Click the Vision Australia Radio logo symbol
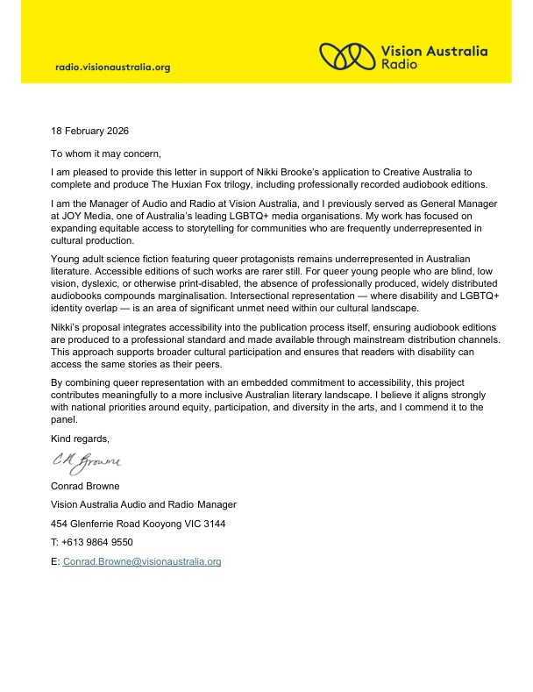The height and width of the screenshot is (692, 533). click(348, 57)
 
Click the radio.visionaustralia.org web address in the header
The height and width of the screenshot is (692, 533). click(112, 67)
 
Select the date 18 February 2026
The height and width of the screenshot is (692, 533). click(89, 131)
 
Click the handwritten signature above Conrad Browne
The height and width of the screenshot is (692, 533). click(86, 460)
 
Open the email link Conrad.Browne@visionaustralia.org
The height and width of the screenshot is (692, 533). click(141, 560)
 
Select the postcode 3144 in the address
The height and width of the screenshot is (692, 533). click(213, 524)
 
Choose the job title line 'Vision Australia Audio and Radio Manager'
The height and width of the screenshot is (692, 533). click(144, 504)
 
